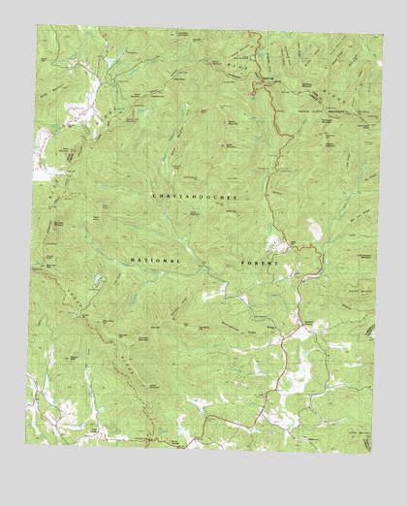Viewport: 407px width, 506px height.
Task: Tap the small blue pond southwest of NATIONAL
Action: pyautogui.click(x=100, y=283)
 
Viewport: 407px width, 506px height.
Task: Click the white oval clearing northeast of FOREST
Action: pyautogui.click(x=314, y=228)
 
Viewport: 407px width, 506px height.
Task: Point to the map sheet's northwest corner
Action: pyautogui.click(x=38, y=25)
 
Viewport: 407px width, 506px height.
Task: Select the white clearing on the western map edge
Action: pyautogui.click(x=43, y=155)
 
